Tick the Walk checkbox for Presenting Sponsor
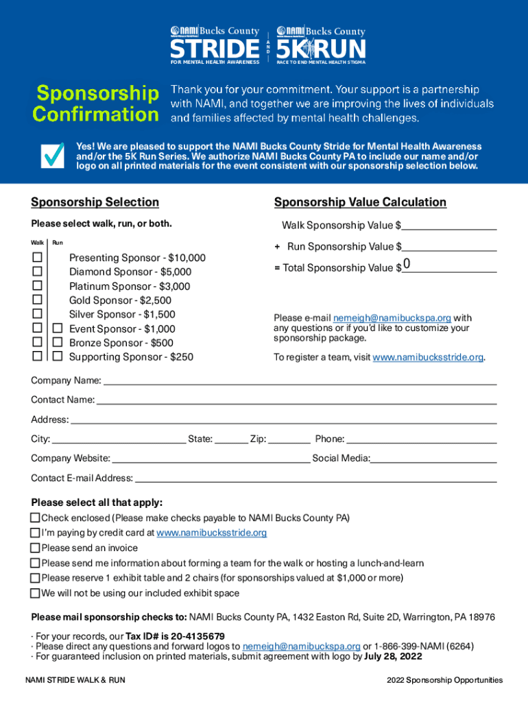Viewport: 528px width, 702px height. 37,258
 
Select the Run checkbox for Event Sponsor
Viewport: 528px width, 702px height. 58,328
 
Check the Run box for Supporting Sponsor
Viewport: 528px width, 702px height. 58,356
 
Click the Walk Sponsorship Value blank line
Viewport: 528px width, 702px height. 449,225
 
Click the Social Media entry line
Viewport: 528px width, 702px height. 433,458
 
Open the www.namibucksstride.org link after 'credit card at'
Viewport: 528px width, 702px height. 211,533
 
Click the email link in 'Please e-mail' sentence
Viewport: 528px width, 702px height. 392,318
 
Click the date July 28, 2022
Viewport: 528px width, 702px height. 393,656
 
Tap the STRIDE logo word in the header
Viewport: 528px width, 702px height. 210,49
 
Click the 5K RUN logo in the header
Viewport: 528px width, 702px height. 321,49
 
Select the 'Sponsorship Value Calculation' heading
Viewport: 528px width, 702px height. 360,202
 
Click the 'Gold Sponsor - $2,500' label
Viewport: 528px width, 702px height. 120,300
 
